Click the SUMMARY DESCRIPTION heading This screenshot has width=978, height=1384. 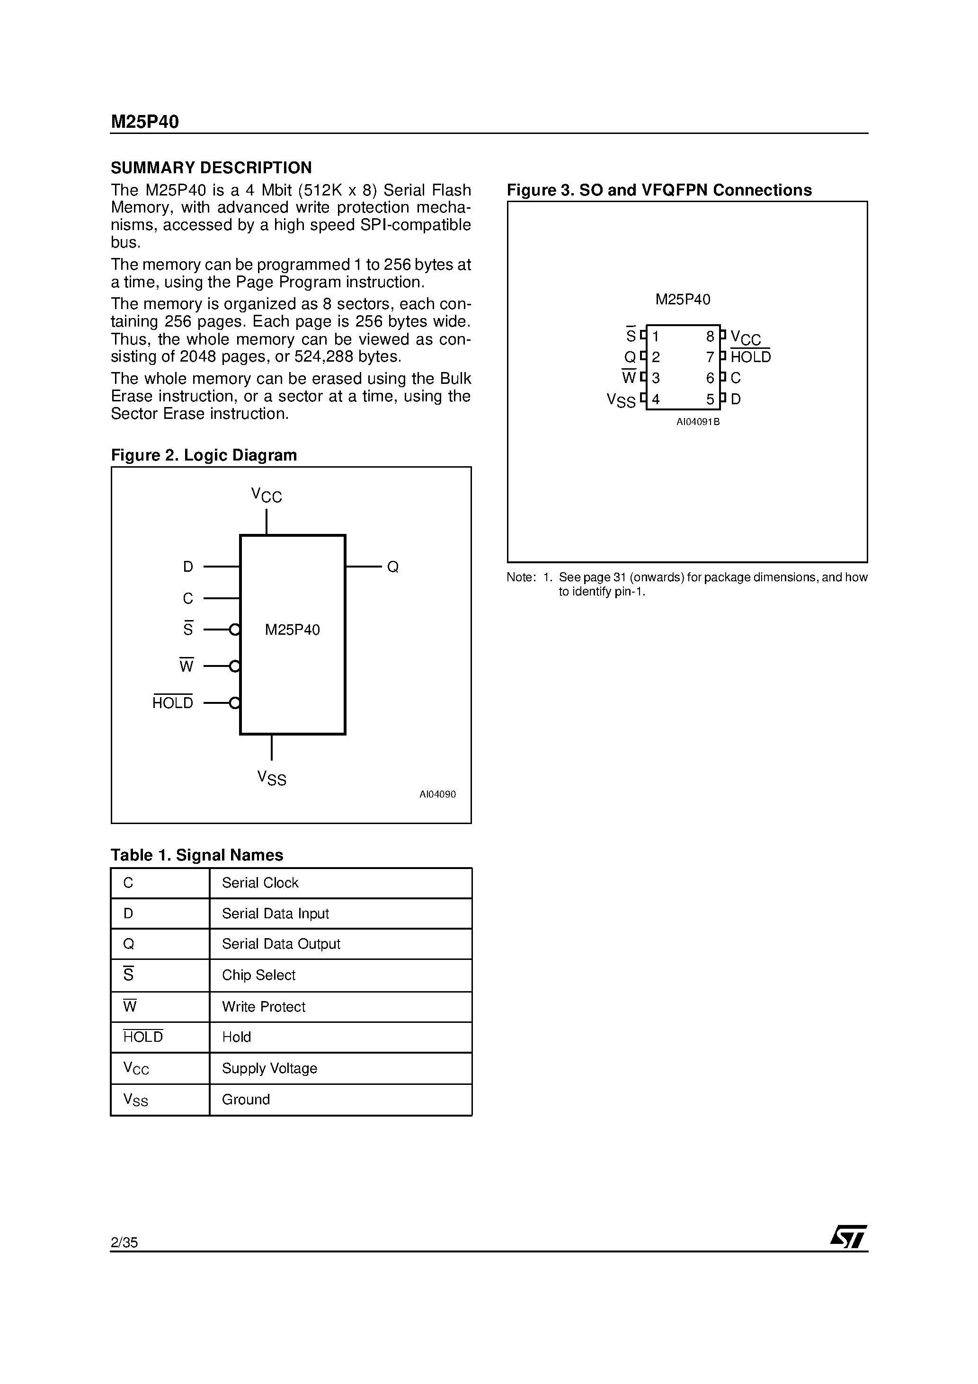coord(211,168)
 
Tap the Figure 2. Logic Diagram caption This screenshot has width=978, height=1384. coord(204,455)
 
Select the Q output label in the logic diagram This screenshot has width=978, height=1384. coord(392,567)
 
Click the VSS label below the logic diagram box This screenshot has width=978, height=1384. coord(271,778)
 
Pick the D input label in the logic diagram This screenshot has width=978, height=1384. coord(188,567)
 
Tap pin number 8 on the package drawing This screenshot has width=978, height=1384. coord(710,337)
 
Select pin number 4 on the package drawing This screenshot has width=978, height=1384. coord(656,399)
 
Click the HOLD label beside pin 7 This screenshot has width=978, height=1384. coord(750,357)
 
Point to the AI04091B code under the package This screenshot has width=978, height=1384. coord(698,422)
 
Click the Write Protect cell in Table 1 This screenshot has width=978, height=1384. coord(264,1007)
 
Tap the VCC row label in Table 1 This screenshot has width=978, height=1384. coord(136,1069)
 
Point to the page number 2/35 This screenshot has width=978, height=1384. coord(124,1242)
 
